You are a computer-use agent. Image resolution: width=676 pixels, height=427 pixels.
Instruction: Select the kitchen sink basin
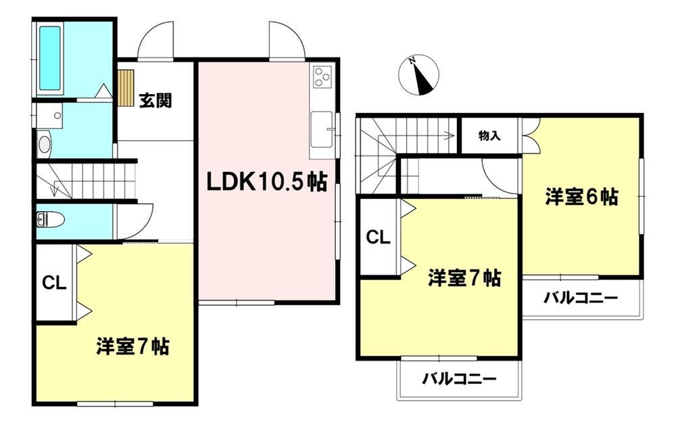point(322,129)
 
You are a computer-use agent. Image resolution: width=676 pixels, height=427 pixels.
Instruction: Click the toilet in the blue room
point(51,220)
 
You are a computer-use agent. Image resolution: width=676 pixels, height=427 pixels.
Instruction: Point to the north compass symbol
point(418,74)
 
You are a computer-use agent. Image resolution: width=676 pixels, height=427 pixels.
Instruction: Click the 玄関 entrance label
point(155,101)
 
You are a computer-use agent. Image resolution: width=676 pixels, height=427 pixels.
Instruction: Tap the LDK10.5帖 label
point(266,182)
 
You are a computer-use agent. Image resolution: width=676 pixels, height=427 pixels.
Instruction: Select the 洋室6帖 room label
point(581,197)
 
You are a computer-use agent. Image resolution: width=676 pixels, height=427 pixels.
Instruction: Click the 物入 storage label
point(489,135)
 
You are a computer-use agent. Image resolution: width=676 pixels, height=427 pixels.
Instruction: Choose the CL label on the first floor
point(54,284)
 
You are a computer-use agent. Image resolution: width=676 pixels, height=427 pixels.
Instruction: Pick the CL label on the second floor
point(378,237)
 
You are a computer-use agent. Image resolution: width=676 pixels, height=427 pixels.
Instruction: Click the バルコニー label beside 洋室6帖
point(580,298)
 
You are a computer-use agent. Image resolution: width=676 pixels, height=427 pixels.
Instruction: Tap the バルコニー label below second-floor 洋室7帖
point(459,379)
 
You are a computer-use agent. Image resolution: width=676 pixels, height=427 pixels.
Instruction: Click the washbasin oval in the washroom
point(44,145)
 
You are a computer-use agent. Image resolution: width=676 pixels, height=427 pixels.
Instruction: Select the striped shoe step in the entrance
point(126,88)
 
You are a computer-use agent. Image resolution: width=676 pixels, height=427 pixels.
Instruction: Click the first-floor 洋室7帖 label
point(132,346)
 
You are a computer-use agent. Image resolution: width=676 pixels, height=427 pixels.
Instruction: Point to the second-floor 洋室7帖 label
point(464,278)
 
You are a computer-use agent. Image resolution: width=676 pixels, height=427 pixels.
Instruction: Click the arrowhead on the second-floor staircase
point(452,135)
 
